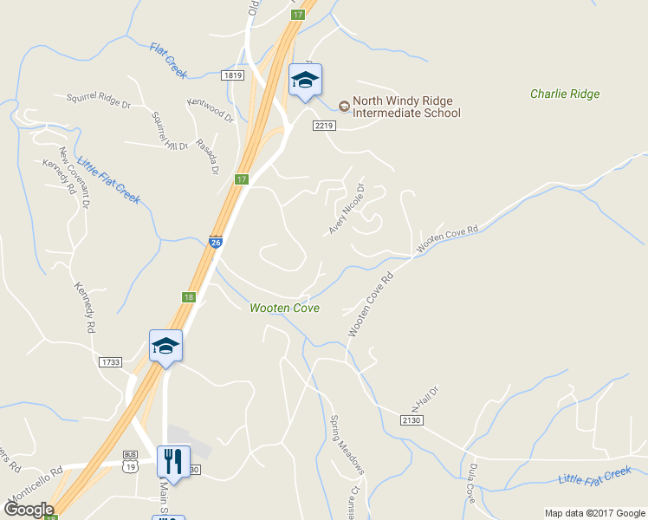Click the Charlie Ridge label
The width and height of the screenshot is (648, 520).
point(565,94)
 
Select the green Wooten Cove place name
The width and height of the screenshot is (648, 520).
point(284,308)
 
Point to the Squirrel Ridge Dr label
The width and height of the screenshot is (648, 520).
point(98,101)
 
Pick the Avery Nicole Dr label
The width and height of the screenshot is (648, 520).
point(346,209)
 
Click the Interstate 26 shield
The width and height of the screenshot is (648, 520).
point(215,243)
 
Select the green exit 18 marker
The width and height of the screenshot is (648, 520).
point(189,297)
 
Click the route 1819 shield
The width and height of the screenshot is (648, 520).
point(231,75)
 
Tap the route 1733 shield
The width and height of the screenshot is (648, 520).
point(110,361)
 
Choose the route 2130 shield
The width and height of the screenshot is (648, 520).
point(411,419)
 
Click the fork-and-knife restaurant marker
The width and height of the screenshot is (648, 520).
point(172,461)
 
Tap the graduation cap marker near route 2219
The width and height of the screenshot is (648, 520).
point(305,81)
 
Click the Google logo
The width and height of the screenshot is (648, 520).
point(29,510)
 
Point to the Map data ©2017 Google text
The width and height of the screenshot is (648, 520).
point(594,512)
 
